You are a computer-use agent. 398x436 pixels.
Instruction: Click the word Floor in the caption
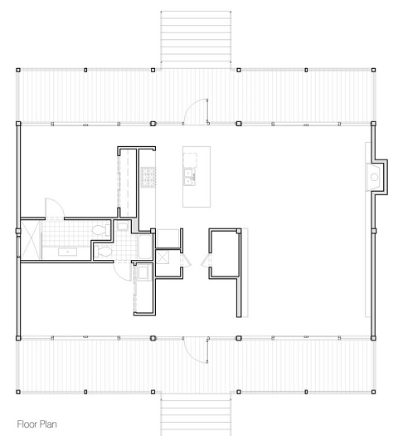point(27,424)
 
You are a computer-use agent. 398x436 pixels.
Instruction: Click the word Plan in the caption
point(47,424)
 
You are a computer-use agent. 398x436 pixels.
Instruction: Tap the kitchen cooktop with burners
point(148,177)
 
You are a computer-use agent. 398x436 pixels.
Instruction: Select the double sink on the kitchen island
point(189,177)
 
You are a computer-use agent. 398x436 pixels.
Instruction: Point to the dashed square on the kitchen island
point(190,160)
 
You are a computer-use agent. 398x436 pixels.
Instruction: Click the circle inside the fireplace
point(374,177)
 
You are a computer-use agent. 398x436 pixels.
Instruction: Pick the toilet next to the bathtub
point(103,252)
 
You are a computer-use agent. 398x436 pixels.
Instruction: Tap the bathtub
point(145,247)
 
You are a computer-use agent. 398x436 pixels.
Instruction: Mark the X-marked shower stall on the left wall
point(30,240)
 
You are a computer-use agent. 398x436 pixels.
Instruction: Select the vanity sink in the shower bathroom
point(67,252)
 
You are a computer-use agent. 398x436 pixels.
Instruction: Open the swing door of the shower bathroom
point(55,208)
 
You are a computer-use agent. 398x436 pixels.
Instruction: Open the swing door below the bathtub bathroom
point(122,271)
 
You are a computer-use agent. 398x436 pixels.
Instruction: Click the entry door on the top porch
point(196,111)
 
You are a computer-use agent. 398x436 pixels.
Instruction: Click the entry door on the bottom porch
point(196,350)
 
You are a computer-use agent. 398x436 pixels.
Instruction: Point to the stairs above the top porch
point(196,40)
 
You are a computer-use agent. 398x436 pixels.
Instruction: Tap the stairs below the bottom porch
point(196,417)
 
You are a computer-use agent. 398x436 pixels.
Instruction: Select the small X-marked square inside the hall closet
point(162,257)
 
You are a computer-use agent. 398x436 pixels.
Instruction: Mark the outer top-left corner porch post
point(18,70)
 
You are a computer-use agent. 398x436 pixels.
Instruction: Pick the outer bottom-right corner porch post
point(374,392)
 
